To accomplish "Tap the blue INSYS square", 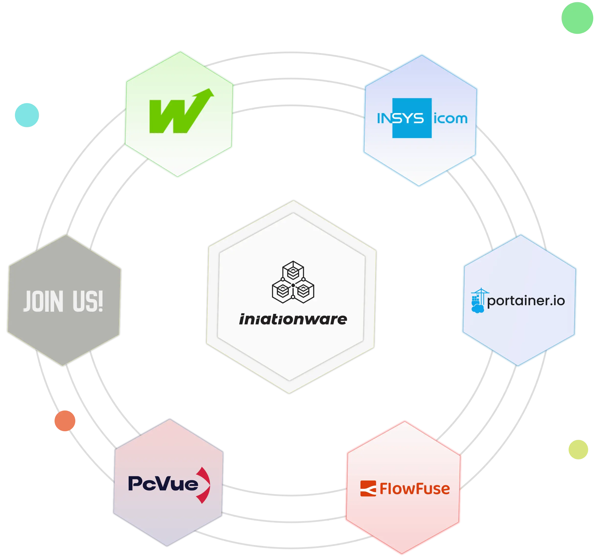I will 412,118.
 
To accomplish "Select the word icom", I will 450,119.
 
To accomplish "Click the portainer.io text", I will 526,301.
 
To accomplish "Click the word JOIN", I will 44,301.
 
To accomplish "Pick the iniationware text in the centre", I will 293,319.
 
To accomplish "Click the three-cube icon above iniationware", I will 293,282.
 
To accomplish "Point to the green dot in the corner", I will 577,19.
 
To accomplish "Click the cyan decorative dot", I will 27,114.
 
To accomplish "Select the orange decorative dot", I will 65,421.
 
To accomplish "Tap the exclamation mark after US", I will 101,301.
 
